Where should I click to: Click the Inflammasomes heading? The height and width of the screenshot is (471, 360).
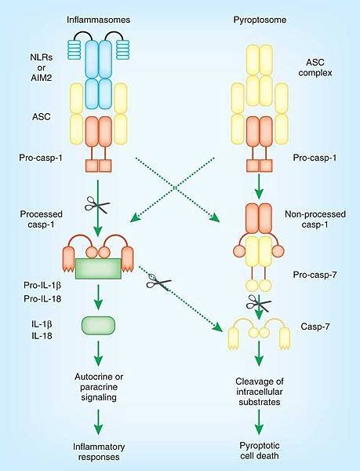98,20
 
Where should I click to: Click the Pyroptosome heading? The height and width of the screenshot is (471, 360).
260,20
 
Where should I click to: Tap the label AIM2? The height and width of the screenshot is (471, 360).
42,78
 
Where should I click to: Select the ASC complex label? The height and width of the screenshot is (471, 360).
315,68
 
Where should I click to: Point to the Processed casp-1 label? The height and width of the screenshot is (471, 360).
41,219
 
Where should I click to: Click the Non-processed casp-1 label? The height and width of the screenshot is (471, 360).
315,219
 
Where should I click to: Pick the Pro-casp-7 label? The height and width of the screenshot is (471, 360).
315,275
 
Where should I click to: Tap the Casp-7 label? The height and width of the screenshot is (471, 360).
315,327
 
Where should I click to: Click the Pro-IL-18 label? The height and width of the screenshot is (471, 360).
42,298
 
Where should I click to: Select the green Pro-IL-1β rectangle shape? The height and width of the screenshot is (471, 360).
98,268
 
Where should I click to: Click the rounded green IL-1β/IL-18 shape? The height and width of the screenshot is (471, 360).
98,325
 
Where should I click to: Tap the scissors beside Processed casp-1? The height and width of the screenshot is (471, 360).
97,205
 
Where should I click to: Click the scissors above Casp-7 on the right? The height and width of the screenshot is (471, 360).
259,303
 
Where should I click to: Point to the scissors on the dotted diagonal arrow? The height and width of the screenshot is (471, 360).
158,282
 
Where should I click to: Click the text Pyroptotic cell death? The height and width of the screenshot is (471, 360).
259,451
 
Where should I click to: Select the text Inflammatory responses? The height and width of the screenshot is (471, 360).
99,452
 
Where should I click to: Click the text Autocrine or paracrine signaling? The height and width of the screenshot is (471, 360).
99,387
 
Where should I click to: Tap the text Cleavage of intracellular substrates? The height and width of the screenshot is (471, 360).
259,392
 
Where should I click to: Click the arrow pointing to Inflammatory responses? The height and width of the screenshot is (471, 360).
98,422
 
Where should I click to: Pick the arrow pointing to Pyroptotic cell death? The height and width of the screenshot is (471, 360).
259,422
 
